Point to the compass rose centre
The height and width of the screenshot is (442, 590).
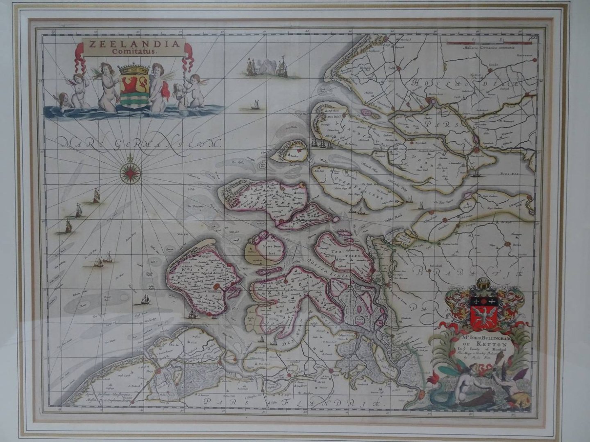click(x=131, y=173)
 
